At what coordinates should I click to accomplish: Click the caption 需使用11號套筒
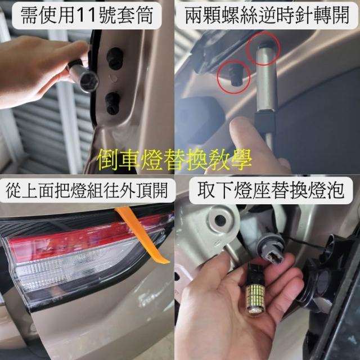[87, 15]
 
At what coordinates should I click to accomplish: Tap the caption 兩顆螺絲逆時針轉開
[267, 15]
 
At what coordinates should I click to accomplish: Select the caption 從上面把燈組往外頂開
[87, 191]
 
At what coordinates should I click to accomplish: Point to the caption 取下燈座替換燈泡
[271, 190]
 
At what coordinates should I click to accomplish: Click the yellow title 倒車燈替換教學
[174, 159]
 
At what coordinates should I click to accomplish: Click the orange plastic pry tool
[142, 235]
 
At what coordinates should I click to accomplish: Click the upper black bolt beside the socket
[115, 58]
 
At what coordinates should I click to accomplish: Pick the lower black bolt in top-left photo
[113, 103]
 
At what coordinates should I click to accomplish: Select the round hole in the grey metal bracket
[220, 220]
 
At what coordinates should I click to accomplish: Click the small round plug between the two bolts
[113, 78]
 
